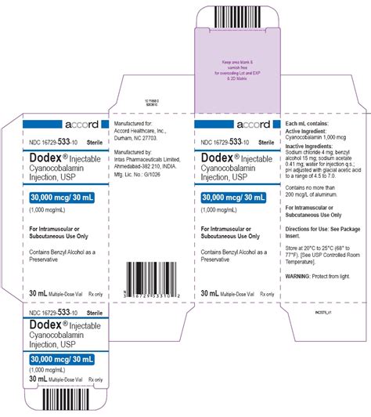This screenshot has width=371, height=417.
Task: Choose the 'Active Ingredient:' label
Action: [308, 130]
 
